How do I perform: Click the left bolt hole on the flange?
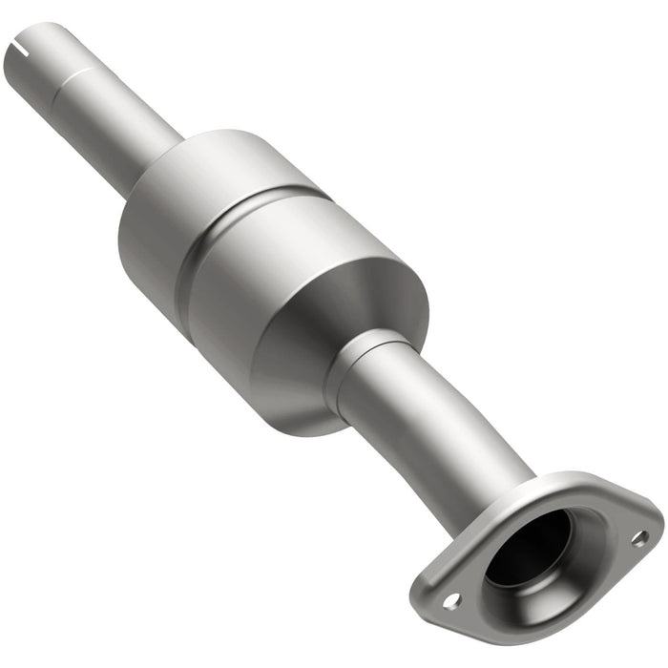click(x=451, y=600)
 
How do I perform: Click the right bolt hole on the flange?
click(x=638, y=538)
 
